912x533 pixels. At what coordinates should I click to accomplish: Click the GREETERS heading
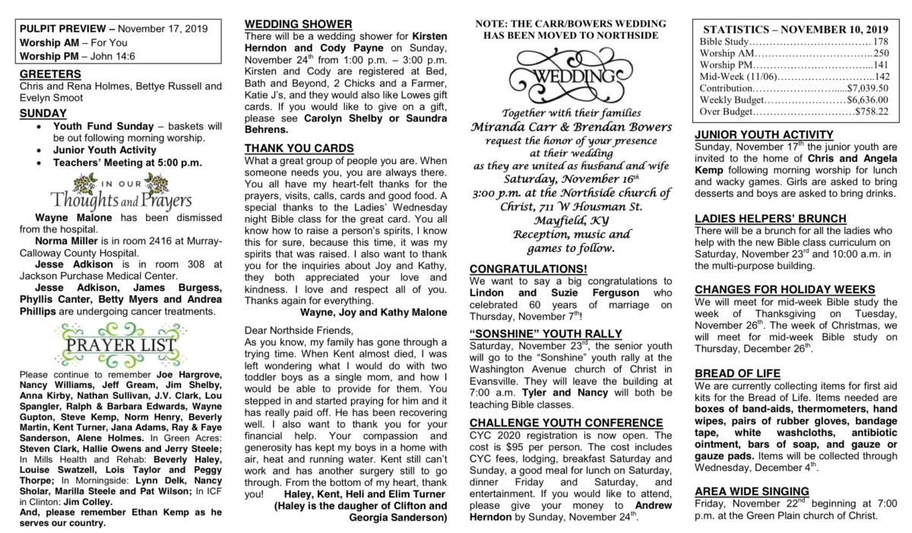coord(50,74)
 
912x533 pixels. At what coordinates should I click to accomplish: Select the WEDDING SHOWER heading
coord(298,24)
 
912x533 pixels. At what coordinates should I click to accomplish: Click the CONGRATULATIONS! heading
coord(528,269)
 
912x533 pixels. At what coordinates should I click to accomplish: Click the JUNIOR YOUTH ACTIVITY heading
coord(769,135)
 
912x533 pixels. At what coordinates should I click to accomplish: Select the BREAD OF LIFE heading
coord(738,373)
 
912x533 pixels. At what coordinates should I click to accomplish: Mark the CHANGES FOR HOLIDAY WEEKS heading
coord(785,289)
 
